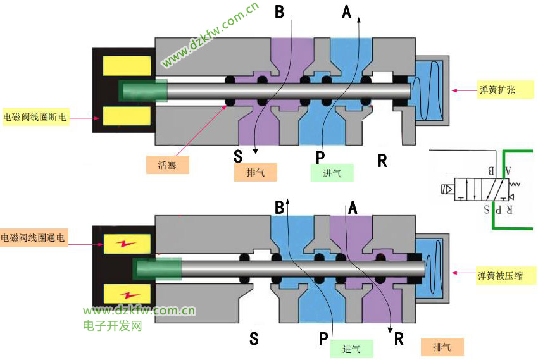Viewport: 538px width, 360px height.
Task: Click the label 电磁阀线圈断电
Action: tap(35, 117)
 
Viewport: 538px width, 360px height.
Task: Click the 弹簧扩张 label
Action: tap(496, 90)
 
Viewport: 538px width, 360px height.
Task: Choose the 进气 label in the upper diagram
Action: tap(332, 173)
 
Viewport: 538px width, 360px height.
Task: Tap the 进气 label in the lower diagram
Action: tap(351, 349)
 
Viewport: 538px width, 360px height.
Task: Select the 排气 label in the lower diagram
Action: tap(442, 347)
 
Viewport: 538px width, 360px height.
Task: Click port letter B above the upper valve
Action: tap(279, 11)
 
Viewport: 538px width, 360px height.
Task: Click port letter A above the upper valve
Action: tap(346, 11)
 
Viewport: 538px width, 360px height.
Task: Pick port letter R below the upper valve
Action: tap(382, 160)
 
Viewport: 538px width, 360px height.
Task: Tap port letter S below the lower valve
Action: tap(254, 339)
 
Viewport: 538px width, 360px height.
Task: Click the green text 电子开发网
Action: tap(112, 326)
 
